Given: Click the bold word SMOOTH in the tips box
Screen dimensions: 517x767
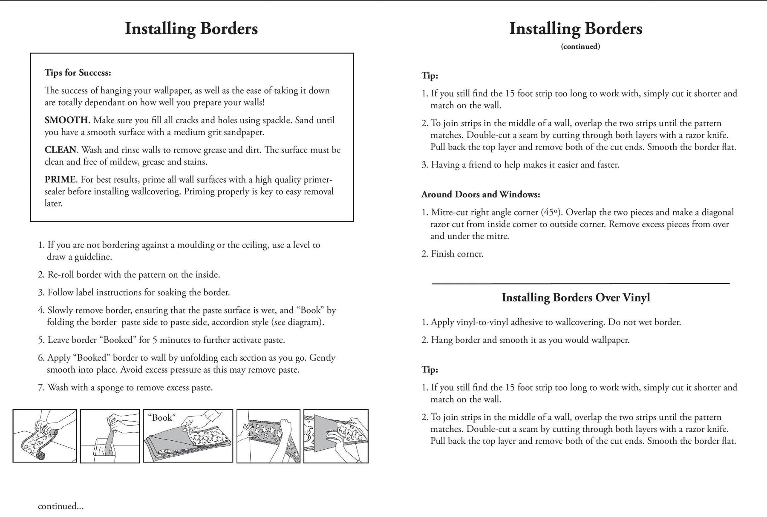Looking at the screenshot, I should (66, 121).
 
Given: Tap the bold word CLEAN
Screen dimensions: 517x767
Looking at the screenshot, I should (61, 150).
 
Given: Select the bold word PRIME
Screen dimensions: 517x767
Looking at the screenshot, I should (60, 180).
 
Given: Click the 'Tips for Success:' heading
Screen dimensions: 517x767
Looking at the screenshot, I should (78, 73).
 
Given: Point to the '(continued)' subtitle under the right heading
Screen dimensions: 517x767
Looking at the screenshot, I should (580, 46).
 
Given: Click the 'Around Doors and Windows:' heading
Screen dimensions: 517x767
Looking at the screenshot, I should (481, 195).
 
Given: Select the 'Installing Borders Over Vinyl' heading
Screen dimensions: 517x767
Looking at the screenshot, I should (576, 297).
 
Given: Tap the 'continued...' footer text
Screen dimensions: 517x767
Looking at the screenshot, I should (61, 506).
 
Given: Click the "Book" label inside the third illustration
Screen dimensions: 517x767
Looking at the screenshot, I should (162, 418).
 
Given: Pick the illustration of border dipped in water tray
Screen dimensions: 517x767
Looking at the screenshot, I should (110, 436).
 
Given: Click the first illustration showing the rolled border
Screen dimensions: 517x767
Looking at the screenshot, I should (45, 436).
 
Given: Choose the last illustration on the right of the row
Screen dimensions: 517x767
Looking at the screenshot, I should (336, 436).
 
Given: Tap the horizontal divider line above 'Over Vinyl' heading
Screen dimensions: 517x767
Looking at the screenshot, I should (580, 283).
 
